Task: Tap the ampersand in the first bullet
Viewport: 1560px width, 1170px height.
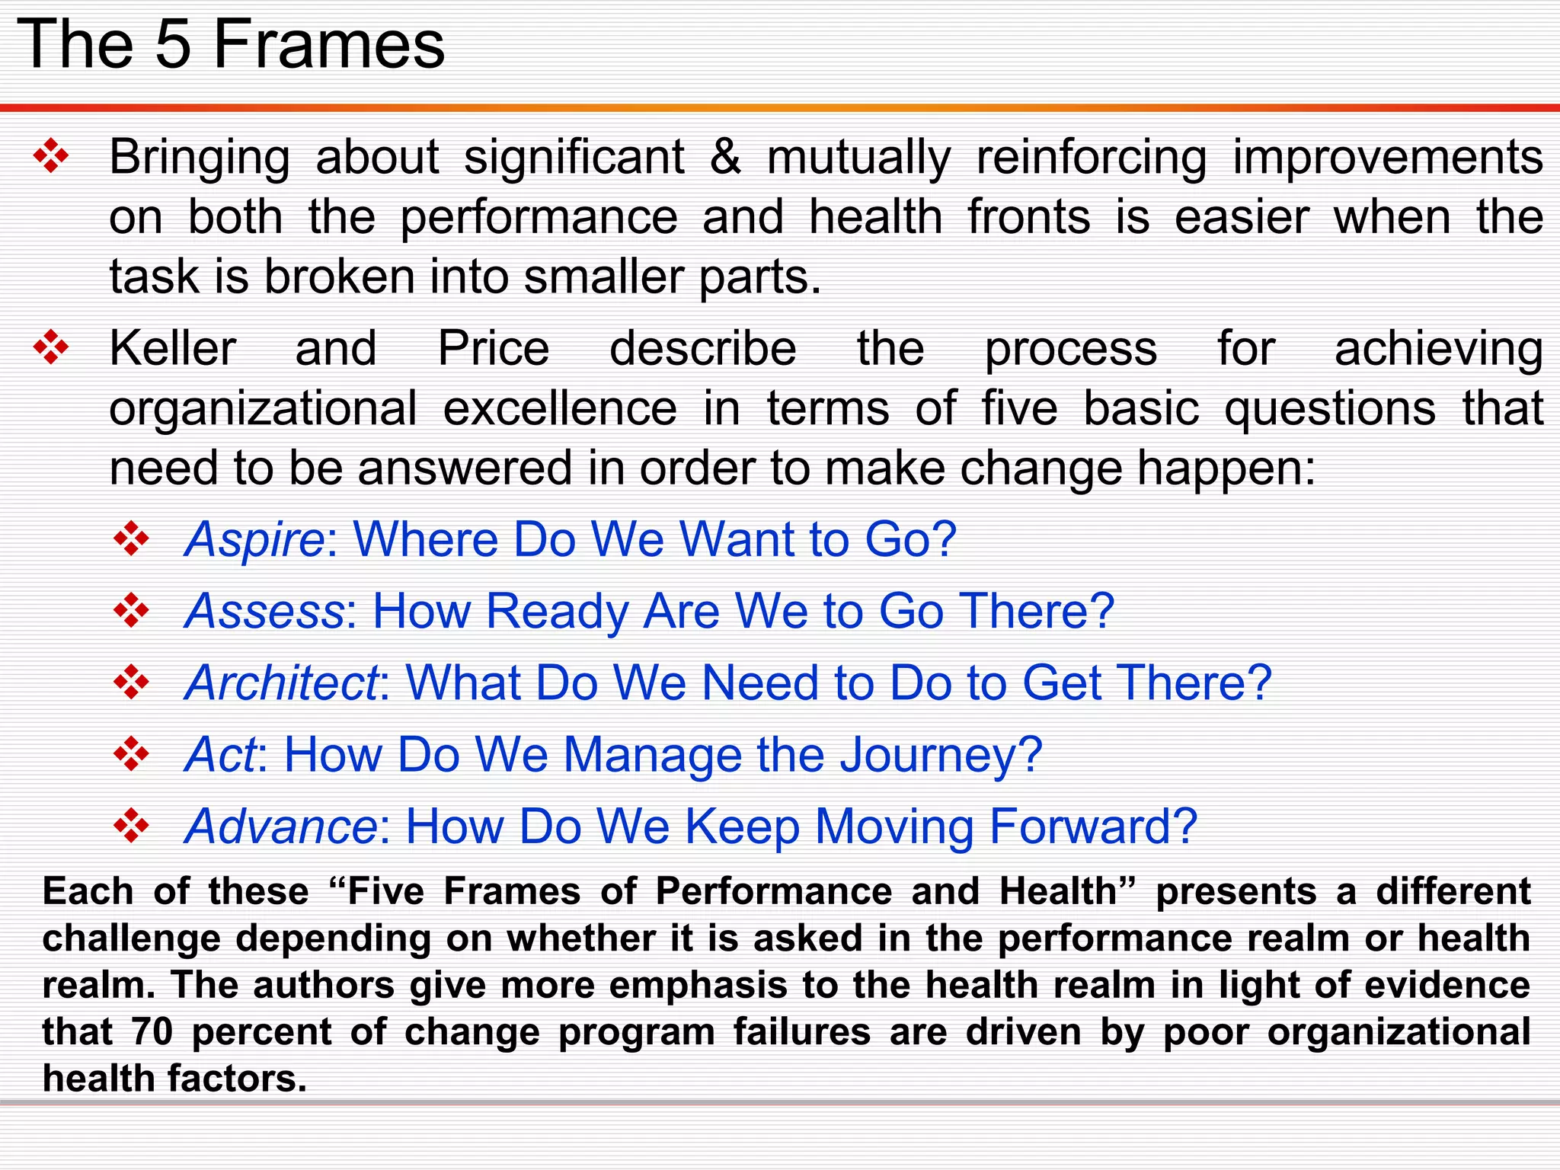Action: coord(725,157)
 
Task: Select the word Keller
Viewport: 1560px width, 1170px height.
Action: coord(173,349)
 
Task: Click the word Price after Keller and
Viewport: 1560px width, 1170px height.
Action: coord(494,349)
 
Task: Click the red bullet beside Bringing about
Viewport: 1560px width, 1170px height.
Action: coord(51,158)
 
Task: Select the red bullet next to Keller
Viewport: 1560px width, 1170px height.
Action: coord(51,349)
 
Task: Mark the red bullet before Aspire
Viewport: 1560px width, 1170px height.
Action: coord(132,539)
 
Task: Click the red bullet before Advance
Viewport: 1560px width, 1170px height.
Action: coord(132,826)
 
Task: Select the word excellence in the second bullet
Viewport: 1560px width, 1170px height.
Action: coord(560,409)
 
